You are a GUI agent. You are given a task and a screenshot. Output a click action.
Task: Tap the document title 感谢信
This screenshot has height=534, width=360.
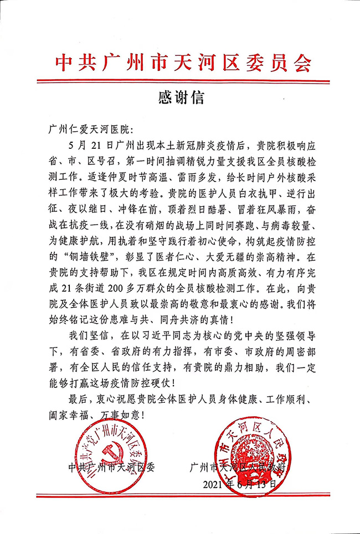181,98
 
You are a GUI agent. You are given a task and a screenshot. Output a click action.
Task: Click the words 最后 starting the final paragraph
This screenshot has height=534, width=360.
78,397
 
